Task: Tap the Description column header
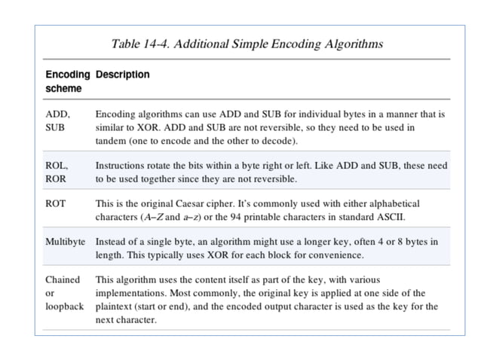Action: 123,75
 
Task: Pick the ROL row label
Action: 57,165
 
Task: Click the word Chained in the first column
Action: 63,279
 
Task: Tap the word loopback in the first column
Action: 65,307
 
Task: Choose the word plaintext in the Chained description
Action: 115,307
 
